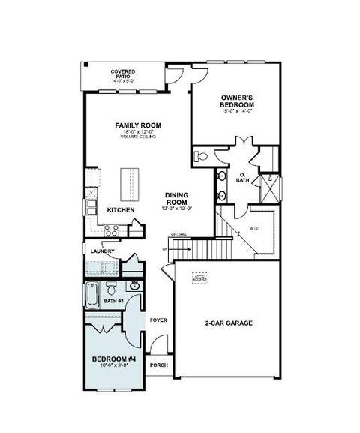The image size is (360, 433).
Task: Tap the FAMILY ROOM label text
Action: (138, 125)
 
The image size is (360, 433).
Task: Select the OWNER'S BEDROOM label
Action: (240, 101)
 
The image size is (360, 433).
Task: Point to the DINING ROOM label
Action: (175, 199)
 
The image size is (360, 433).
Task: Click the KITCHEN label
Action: (120, 210)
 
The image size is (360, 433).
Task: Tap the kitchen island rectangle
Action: (130, 182)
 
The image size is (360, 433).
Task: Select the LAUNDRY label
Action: (102, 251)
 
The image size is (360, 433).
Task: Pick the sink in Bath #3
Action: (135, 285)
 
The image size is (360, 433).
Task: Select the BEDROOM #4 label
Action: (112, 359)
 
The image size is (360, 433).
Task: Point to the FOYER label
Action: (157, 320)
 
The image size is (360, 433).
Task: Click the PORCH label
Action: (158, 365)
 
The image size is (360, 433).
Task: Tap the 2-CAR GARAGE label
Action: (229, 323)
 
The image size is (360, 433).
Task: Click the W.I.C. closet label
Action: (253, 228)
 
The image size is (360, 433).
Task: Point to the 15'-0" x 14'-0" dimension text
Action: (240, 111)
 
